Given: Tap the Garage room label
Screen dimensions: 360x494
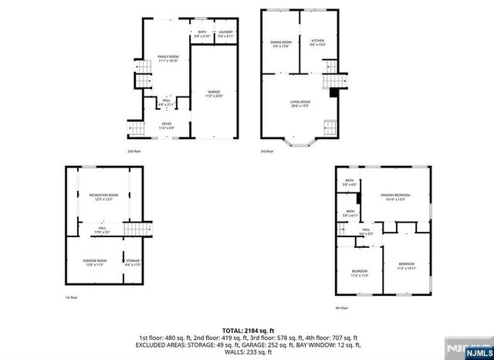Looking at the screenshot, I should [213, 93].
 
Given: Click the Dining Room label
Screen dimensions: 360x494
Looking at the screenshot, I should [280, 42].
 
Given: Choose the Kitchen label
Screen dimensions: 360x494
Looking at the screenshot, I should [318, 42].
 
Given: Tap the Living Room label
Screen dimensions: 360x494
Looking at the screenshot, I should [300, 103].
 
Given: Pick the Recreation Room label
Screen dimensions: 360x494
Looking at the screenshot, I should [103, 195].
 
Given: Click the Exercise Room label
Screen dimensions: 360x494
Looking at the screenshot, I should [94, 262].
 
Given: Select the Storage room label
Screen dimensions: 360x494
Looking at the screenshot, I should [134, 262].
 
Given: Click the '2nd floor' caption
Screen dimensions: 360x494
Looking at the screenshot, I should [134, 151].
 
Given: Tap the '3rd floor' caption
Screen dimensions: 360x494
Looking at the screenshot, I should [266, 151].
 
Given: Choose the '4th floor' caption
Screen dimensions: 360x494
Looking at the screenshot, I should [341, 308].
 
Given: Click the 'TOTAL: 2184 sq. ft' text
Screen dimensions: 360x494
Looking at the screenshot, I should [249, 330].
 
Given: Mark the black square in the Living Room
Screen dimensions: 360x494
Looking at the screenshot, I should [333, 93].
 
